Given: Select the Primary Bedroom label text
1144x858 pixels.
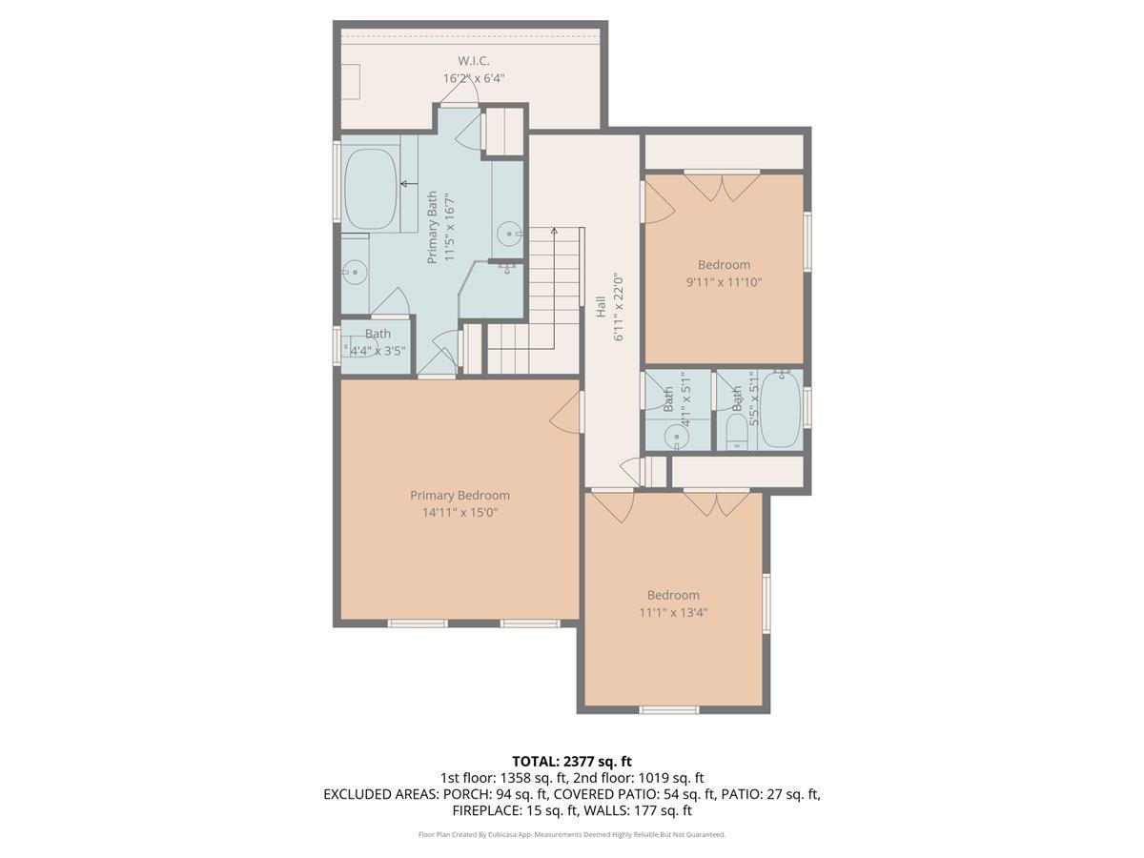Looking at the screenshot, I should point(460,495).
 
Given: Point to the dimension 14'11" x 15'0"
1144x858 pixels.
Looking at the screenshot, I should point(460,512).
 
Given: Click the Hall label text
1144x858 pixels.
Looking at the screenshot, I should point(602,307).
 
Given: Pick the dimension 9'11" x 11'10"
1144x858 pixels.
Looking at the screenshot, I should point(724,282).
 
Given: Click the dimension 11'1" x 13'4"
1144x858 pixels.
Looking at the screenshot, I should point(673,612).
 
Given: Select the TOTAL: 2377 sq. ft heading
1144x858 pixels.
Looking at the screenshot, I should point(572,761).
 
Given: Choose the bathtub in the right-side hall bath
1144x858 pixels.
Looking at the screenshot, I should point(782,412).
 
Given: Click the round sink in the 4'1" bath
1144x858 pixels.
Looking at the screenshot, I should point(678,438).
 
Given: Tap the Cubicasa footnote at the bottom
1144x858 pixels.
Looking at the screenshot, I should point(572,834).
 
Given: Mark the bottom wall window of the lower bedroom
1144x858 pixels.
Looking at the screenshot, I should point(668,709).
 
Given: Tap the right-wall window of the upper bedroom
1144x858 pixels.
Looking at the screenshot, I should point(807,242).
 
